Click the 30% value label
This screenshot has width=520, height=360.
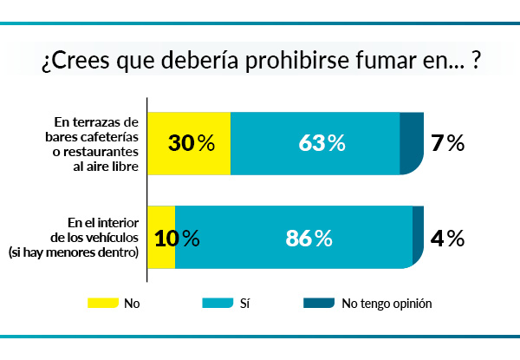[x=192, y=144]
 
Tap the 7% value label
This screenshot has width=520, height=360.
[x=448, y=144]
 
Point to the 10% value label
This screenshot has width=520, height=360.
[x=177, y=237]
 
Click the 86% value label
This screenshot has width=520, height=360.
[x=309, y=237]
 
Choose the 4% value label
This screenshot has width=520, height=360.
[x=448, y=237]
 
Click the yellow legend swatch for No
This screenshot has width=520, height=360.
[x=101, y=304]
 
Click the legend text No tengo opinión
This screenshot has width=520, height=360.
[x=387, y=304]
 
